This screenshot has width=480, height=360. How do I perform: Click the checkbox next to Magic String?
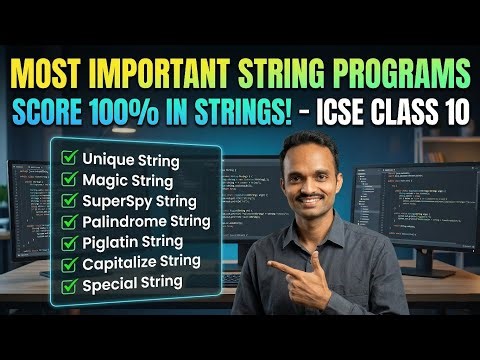pos(70,181)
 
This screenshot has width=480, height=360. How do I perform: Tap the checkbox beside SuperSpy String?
pos(70,201)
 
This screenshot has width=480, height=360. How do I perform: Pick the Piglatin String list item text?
pos(136,241)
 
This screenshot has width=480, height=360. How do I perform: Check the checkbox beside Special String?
pos(70,282)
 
